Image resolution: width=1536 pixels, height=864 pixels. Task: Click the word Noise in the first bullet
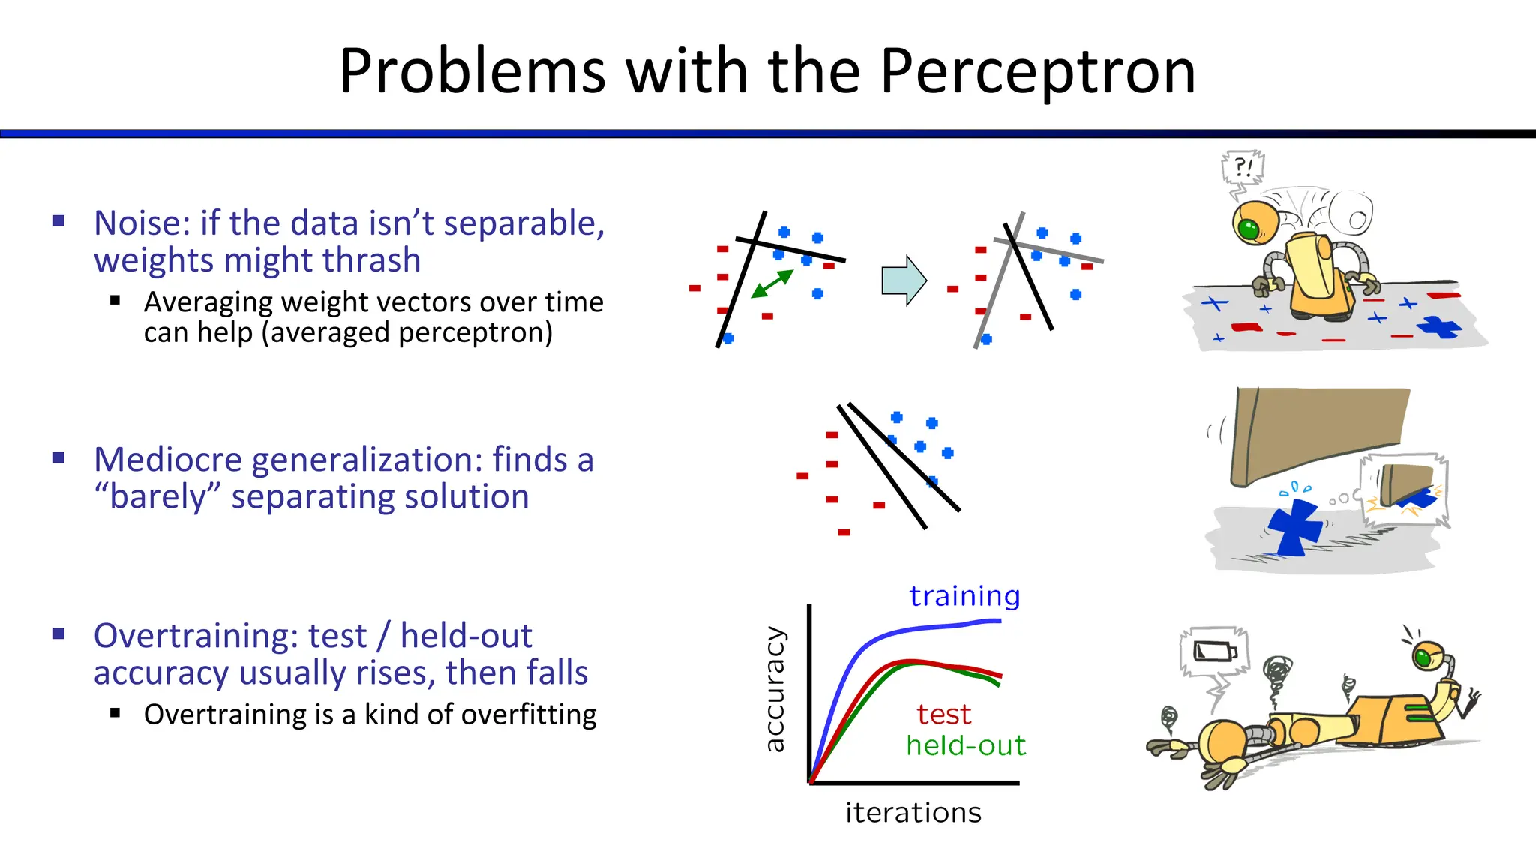coord(141,223)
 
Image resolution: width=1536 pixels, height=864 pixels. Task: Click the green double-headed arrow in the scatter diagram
coord(772,284)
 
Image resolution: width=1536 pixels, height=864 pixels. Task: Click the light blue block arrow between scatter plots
coord(904,280)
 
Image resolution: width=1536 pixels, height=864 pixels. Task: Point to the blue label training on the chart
coord(964,596)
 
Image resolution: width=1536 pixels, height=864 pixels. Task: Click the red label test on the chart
coord(943,715)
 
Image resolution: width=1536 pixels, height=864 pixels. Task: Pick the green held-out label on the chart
coord(965,746)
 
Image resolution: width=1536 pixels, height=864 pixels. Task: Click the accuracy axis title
coord(775,689)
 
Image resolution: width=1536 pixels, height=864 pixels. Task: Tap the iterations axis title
coord(913,813)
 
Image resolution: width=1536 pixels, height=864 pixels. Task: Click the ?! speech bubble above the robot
coord(1243,167)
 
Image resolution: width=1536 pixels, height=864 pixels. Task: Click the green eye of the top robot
coord(1248,228)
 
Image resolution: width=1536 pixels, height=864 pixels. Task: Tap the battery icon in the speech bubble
coord(1215,651)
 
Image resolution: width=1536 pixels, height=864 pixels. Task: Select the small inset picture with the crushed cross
coord(1404,491)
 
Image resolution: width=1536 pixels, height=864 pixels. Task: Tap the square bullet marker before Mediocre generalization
coord(59,457)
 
